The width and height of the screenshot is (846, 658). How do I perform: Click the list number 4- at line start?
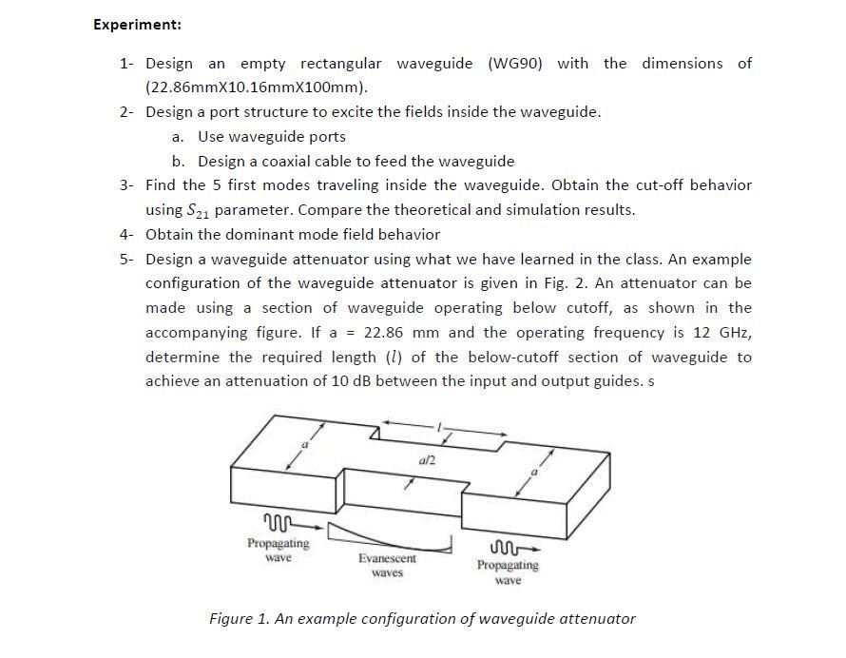coord(126,234)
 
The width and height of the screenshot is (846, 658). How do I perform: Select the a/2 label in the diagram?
coord(426,460)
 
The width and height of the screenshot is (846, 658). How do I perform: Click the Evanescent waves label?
coord(387,566)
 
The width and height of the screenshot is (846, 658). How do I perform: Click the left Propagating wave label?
coord(278,550)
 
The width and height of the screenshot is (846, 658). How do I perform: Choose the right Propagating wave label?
coord(508,571)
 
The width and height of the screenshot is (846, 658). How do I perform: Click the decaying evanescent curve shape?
coord(389,535)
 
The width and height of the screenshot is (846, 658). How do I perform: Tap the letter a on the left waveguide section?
coord(305,444)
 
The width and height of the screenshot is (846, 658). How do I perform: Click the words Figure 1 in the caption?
coord(239,619)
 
